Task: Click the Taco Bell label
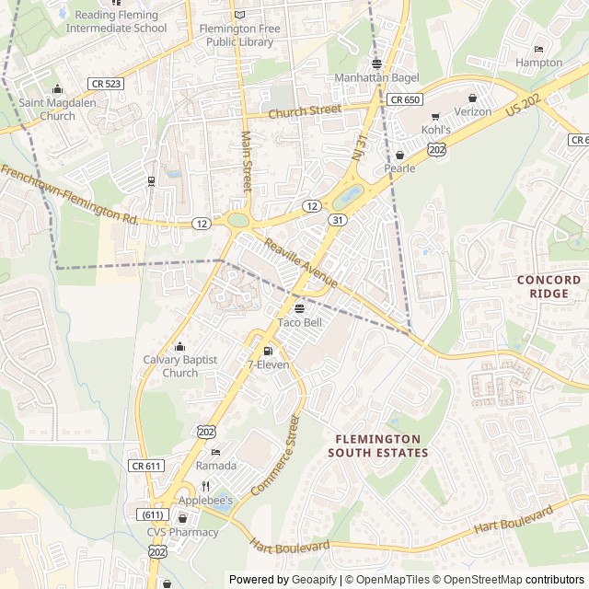tap(300, 323)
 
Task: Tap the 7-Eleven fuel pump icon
tap(268, 351)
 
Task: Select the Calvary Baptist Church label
tap(180, 366)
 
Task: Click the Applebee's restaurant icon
tap(205, 486)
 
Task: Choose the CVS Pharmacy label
tap(182, 532)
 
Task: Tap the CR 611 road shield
tap(146, 466)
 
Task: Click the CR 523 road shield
tap(107, 83)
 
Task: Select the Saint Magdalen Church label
tap(59, 110)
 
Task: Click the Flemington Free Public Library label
tap(239, 35)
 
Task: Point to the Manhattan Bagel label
tap(375, 78)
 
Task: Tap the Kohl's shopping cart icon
tap(435, 116)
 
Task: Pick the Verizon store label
tap(473, 111)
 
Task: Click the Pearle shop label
tap(399, 168)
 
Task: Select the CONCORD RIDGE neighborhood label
tap(549, 286)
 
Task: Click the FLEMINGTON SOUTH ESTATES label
tap(377, 446)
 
